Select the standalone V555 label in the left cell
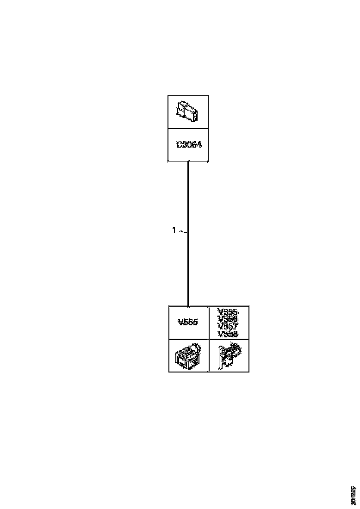pyautogui.click(x=188, y=323)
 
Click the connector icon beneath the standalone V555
pyautogui.click(x=187, y=356)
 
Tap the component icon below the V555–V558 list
pyautogui.click(x=229, y=356)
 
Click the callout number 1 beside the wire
pyautogui.click(x=174, y=230)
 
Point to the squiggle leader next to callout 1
pyautogui.click(x=182, y=230)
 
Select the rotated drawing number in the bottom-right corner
pyautogui.click(x=354, y=495)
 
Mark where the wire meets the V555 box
pyautogui.click(x=188, y=306)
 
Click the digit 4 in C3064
pyautogui.click(x=199, y=145)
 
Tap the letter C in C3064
pyautogui.click(x=179, y=145)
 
